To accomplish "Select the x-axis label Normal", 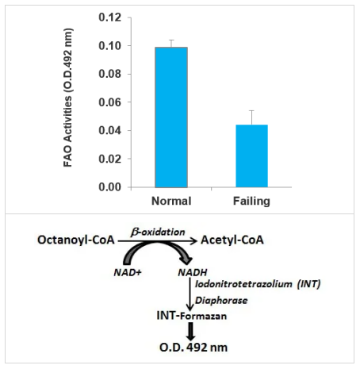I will click(170, 202).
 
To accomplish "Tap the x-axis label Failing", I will click(251, 202).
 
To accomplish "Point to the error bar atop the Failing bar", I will click(251, 117).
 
